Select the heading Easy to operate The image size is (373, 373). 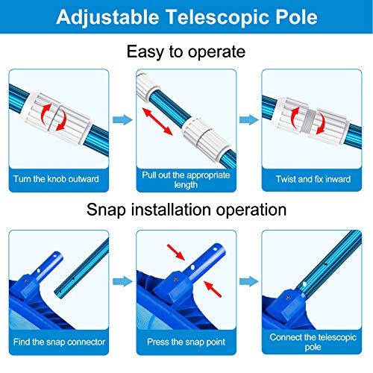pos(186,52)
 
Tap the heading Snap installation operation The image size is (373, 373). pos(186,210)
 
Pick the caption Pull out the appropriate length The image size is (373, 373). pos(186,180)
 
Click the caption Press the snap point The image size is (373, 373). pos(186,342)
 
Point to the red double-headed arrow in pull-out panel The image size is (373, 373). pos(159,120)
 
